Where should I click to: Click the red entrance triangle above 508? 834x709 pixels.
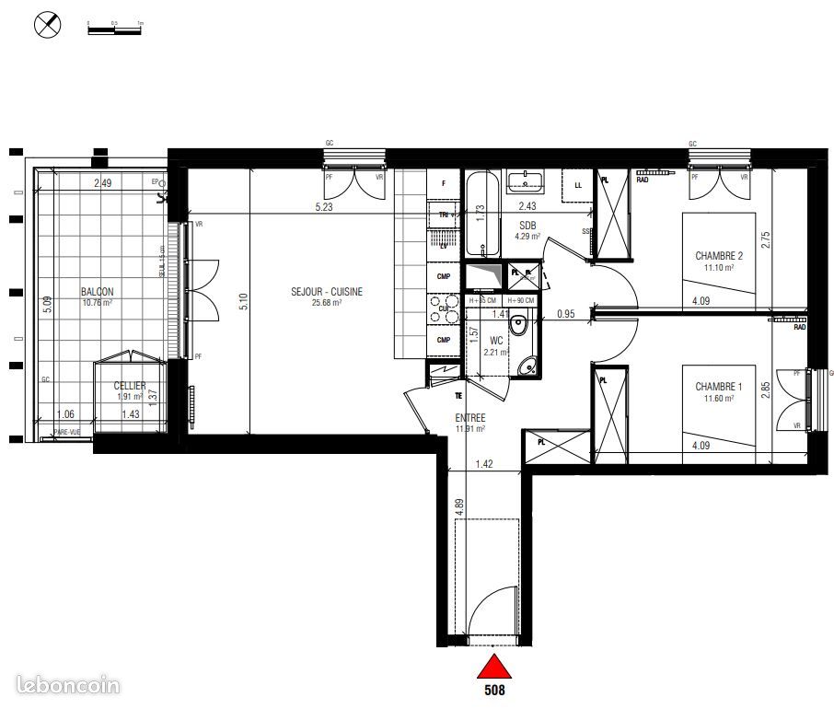495,666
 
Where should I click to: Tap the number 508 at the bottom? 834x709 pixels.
495,687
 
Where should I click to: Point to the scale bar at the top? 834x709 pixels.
114,29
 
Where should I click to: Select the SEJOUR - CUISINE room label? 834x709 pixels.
314,291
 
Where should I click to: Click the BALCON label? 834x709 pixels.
97,291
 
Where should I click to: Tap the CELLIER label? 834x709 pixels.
130,386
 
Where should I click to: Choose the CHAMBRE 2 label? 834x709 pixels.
719,256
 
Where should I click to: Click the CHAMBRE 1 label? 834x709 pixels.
719,387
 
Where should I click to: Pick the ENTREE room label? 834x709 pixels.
470,417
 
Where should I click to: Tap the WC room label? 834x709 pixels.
496,340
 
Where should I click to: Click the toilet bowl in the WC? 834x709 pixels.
519,322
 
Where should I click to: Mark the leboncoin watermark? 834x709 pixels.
68,685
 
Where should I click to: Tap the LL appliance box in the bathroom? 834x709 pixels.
577,185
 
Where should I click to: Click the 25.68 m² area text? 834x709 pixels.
324,302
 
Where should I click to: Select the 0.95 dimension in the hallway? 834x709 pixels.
565,314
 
